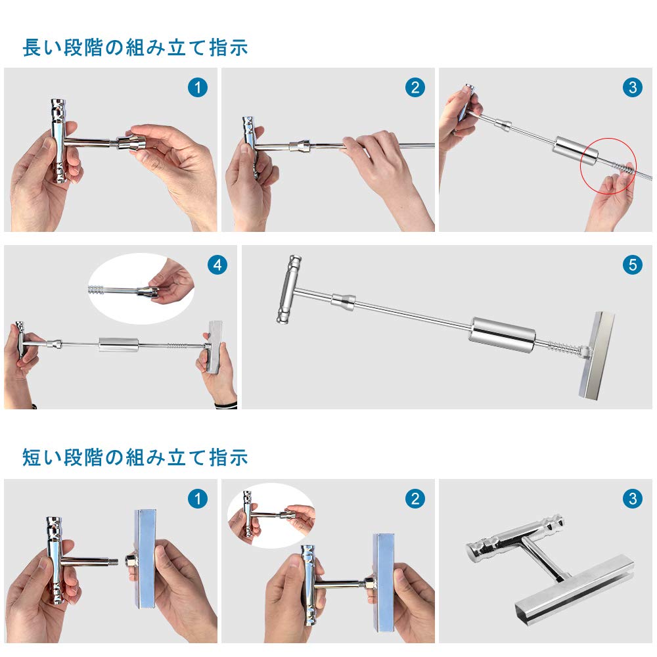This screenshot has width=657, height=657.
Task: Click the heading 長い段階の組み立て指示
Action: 135,48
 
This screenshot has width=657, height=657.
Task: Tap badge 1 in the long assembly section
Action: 197,87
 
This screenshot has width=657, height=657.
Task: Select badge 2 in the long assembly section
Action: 415,87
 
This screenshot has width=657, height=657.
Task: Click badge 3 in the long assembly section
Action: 632,87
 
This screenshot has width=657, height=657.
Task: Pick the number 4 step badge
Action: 217,265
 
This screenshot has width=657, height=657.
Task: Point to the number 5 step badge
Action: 632,265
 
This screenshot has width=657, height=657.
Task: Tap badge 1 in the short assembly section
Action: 197,499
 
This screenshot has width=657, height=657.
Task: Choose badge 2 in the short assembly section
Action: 415,499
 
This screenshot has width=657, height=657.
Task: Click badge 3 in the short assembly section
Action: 632,499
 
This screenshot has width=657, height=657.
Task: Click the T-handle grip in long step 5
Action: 288,290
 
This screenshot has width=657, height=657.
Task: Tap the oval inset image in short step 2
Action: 271,514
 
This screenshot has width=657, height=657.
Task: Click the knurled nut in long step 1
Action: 129,143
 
